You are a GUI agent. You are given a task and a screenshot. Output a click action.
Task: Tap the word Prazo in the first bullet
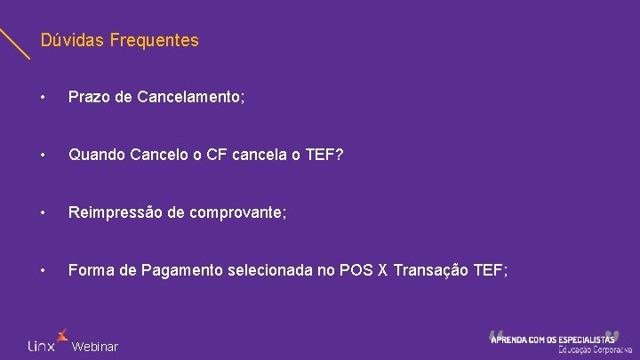pyautogui.click(x=88, y=96)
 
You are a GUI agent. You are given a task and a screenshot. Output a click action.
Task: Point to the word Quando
pyautogui.click(x=97, y=155)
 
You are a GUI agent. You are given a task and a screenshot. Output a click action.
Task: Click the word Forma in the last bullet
pyautogui.click(x=90, y=271)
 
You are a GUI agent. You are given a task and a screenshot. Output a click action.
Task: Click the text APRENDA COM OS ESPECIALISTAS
pyautogui.click(x=553, y=339)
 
